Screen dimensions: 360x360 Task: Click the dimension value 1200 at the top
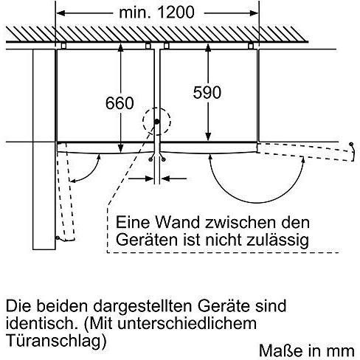[176, 12]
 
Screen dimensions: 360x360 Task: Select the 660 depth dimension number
[120, 103]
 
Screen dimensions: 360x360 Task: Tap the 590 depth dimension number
[207, 92]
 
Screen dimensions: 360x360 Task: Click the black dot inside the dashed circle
[156, 122]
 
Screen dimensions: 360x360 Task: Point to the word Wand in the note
[177, 222]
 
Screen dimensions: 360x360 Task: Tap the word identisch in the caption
[40, 323]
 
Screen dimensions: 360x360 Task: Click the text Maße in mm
[307, 350]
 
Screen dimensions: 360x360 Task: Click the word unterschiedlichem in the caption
[187, 323]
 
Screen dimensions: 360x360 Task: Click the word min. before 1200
[135, 13]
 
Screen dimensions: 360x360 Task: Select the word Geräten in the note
[147, 239]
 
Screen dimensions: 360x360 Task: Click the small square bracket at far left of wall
[63, 46]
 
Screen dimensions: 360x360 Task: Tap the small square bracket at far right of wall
[251, 46]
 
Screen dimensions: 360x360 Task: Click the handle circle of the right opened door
[351, 144]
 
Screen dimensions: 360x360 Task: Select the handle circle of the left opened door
[58, 238]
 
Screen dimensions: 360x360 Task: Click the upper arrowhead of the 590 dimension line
[208, 48]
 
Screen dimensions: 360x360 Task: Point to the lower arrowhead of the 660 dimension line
[120, 148]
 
